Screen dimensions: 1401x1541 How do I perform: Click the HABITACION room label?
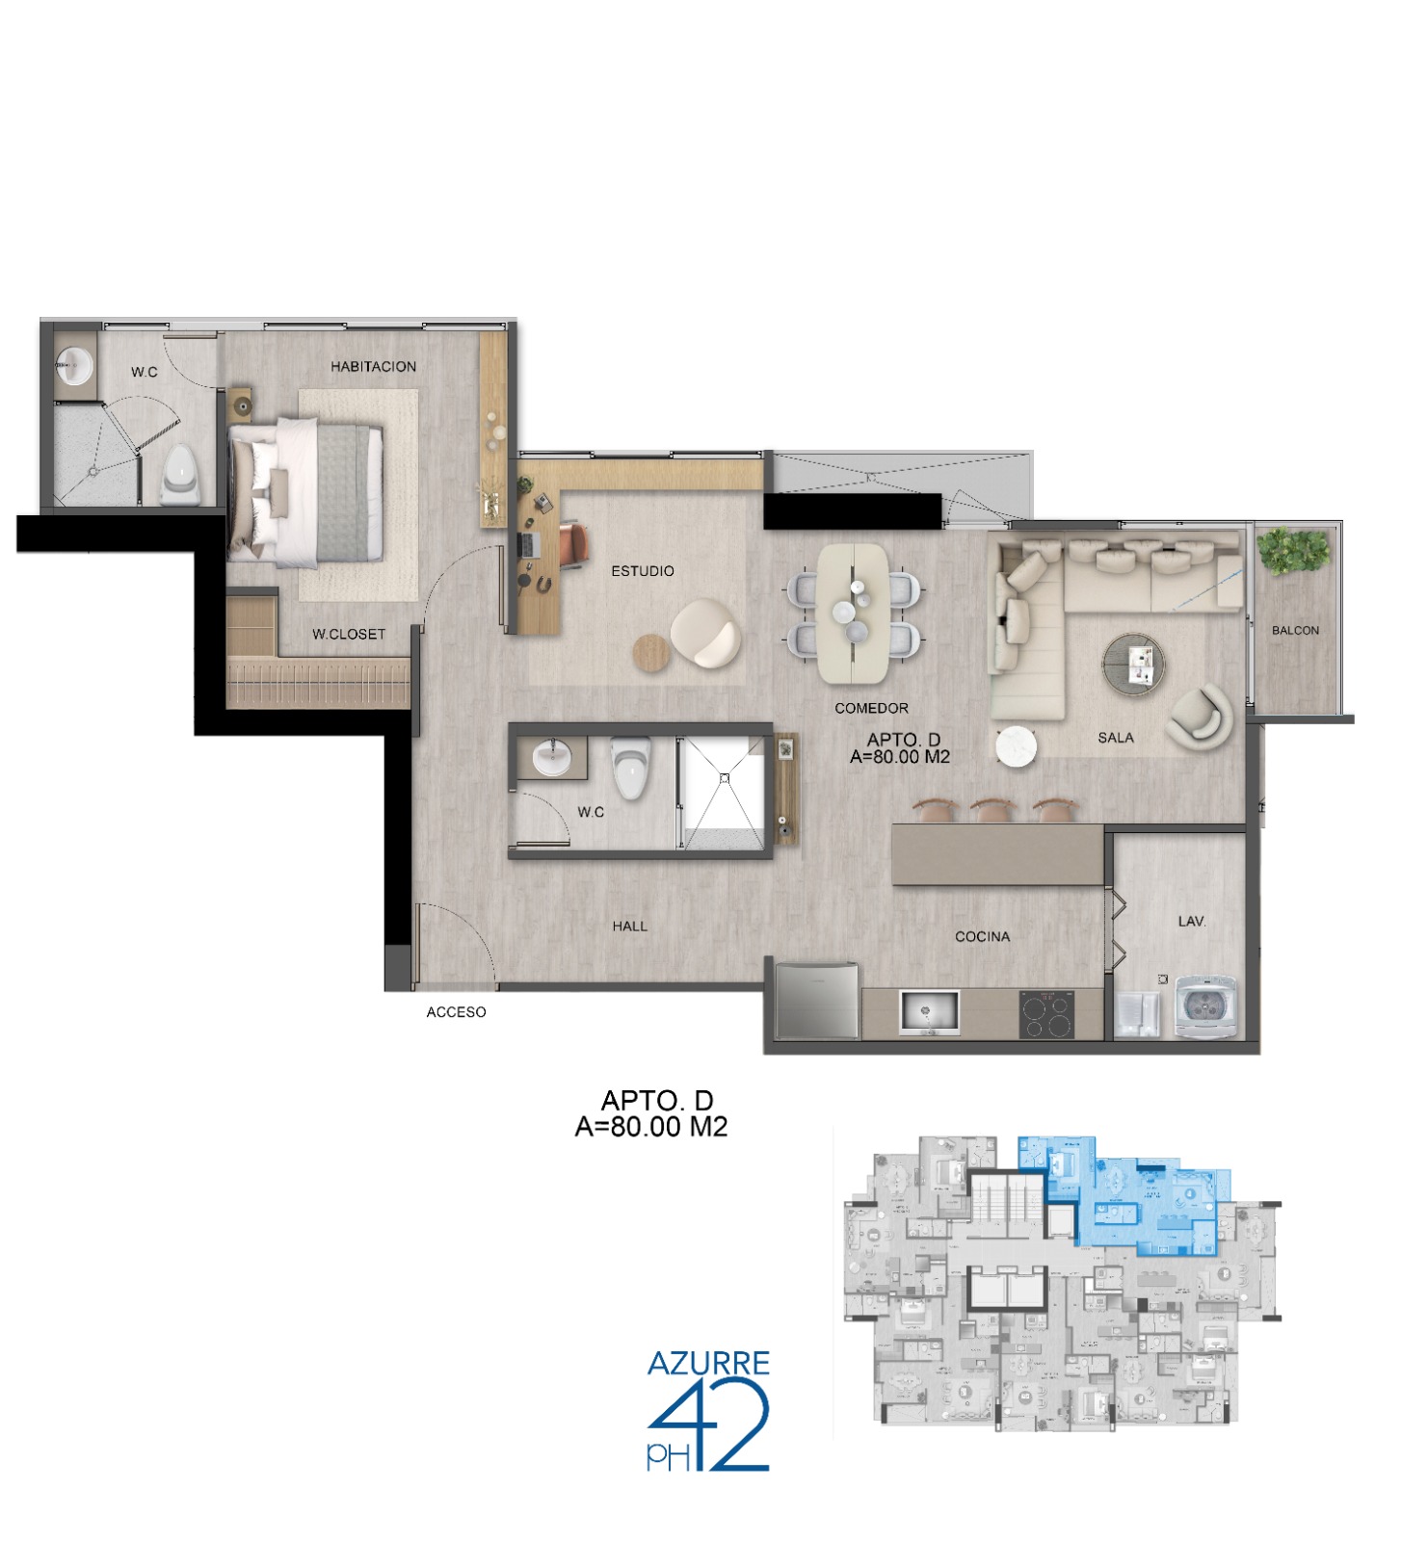point(373,367)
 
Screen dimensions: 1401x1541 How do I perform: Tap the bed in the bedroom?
point(306,491)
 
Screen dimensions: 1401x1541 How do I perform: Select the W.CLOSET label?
point(349,635)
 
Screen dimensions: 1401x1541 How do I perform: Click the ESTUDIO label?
point(643,571)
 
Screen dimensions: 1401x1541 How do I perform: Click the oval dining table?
point(853,614)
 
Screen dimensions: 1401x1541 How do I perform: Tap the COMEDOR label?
point(871,709)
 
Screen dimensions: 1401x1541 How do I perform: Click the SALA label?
point(1116,738)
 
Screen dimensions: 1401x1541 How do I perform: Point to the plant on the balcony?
point(1294,552)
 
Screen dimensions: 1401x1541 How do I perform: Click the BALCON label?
point(1295,631)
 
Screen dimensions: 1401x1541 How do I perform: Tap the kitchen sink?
point(929,1013)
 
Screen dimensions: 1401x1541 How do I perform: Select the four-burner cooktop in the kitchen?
point(1046,1015)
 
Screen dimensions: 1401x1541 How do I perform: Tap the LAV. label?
point(1192,922)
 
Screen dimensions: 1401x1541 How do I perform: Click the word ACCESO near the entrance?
point(456,1012)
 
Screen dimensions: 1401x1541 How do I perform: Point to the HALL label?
point(630,927)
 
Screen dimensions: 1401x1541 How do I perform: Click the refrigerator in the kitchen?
point(817,1000)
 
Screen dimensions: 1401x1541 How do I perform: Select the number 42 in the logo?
point(709,1425)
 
